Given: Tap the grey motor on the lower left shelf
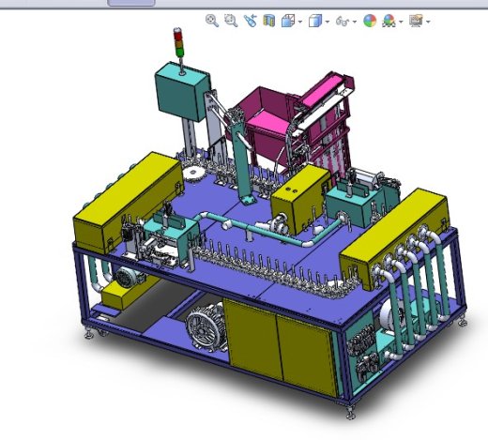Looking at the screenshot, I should point(122,276).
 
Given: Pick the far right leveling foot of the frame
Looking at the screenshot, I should point(462,321).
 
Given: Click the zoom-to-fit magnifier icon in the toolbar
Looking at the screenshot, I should point(212,20).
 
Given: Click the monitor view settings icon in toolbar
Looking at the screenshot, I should point(417,20).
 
